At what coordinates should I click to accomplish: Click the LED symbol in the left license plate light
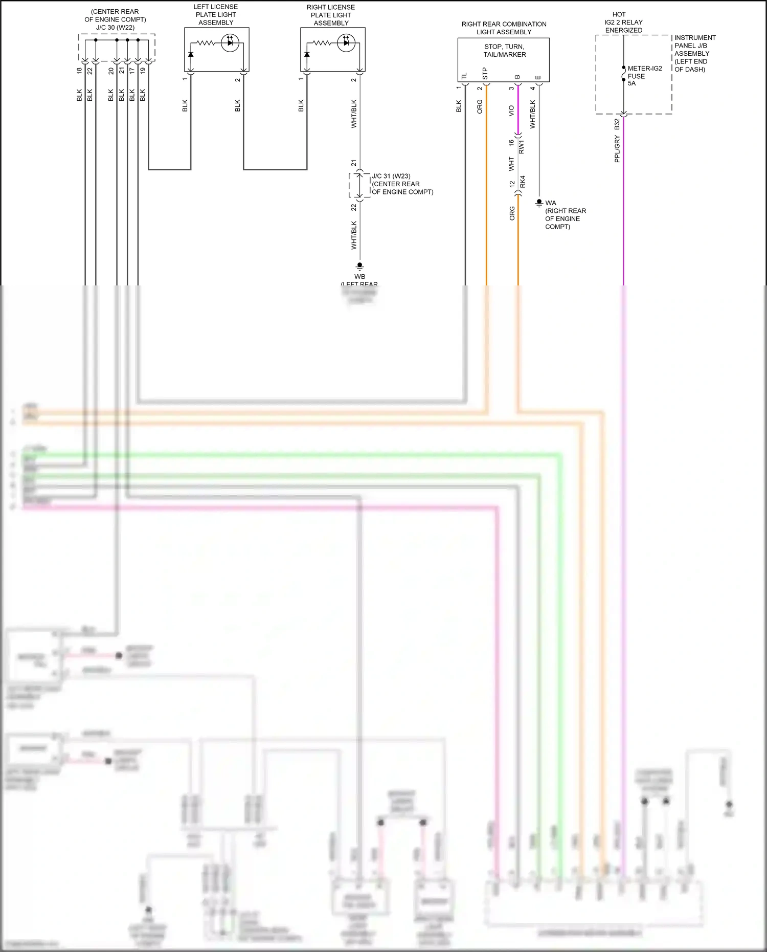click(230, 42)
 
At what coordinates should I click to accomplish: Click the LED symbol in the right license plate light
click(346, 42)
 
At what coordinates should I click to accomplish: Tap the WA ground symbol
click(539, 203)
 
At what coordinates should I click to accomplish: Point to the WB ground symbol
click(359, 266)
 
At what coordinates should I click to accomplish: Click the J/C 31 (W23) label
click(391, 176)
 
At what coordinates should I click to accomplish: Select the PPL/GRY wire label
click(617, 149)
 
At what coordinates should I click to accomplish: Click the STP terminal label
click(485, 74)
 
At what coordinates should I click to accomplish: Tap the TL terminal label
click(464, 77)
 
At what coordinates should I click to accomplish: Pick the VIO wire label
click(511, 110)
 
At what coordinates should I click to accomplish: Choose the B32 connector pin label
click(617, 124)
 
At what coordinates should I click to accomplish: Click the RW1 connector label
click(522, 147)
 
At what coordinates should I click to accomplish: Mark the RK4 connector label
click(523, 182)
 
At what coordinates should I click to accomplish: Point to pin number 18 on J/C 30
click(79, 71)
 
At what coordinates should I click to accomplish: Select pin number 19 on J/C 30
click(143, 71)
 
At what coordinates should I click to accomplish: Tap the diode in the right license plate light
click(307, 54)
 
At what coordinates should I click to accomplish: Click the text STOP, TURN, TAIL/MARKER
click(504, 51)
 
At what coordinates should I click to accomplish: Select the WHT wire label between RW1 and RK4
click(511, 164)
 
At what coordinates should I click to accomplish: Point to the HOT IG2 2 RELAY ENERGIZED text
click(623, 23)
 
